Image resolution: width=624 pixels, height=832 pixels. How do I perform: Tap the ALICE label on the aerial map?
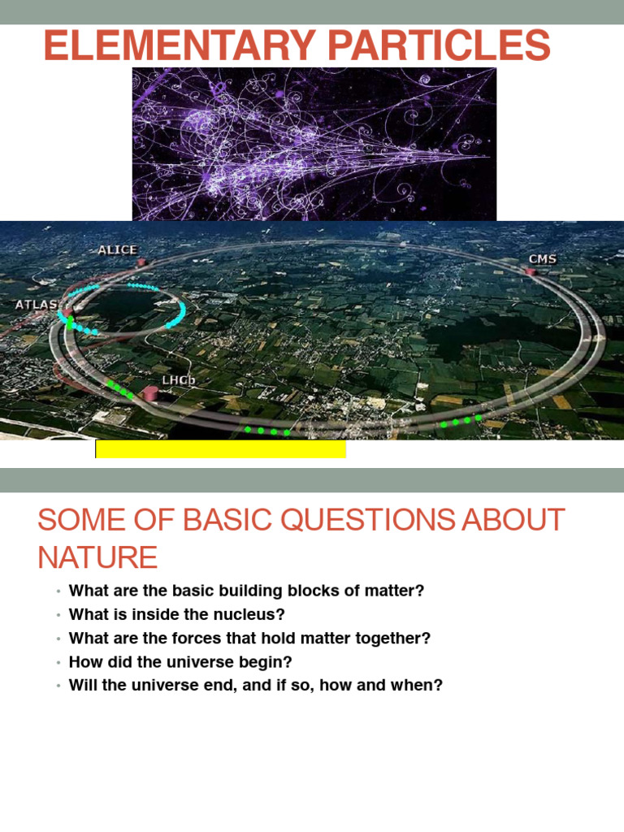click(x=118, y=250)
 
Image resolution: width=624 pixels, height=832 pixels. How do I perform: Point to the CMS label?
click(x=543, y=259)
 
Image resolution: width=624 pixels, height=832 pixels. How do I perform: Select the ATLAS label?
click(x=37, y=305)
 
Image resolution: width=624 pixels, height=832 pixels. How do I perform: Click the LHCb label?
click(x=179, y=380)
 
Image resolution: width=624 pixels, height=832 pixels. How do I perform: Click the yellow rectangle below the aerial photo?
click(x=220, y=448)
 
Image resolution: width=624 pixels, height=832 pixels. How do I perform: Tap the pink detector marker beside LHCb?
click(x=150, y=394)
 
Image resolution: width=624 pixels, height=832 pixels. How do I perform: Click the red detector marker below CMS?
click(x=532, y=271)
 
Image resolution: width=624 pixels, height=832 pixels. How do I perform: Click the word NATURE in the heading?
click(x=97, y=558)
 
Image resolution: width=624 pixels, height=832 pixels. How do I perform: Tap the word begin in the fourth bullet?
click(x=270, y=662)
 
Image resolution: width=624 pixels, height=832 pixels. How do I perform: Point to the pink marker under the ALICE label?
click(x=140, y=262)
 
